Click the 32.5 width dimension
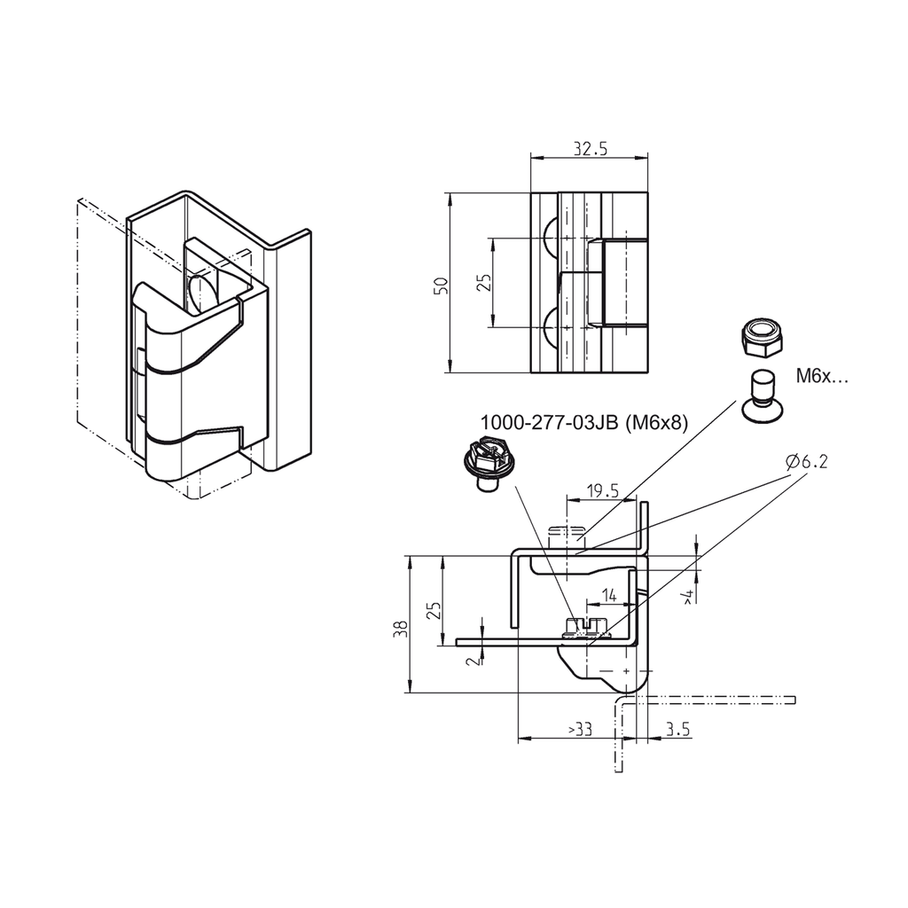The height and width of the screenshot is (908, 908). [x=590, y=149]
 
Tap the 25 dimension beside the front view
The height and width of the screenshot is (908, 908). [x=483, y=283]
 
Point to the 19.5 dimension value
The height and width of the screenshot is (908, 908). [x=603, y=490]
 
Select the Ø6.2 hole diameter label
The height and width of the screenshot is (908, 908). [x=808, y=462]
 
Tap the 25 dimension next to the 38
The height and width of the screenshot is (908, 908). [x=434, y=611]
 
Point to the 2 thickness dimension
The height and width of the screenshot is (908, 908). [x=473, y=658]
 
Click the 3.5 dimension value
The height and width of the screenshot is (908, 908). [x=677, y=729]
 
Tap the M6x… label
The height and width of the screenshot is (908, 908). [x=821, y=376]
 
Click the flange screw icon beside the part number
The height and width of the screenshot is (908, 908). [x=484, y=464]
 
